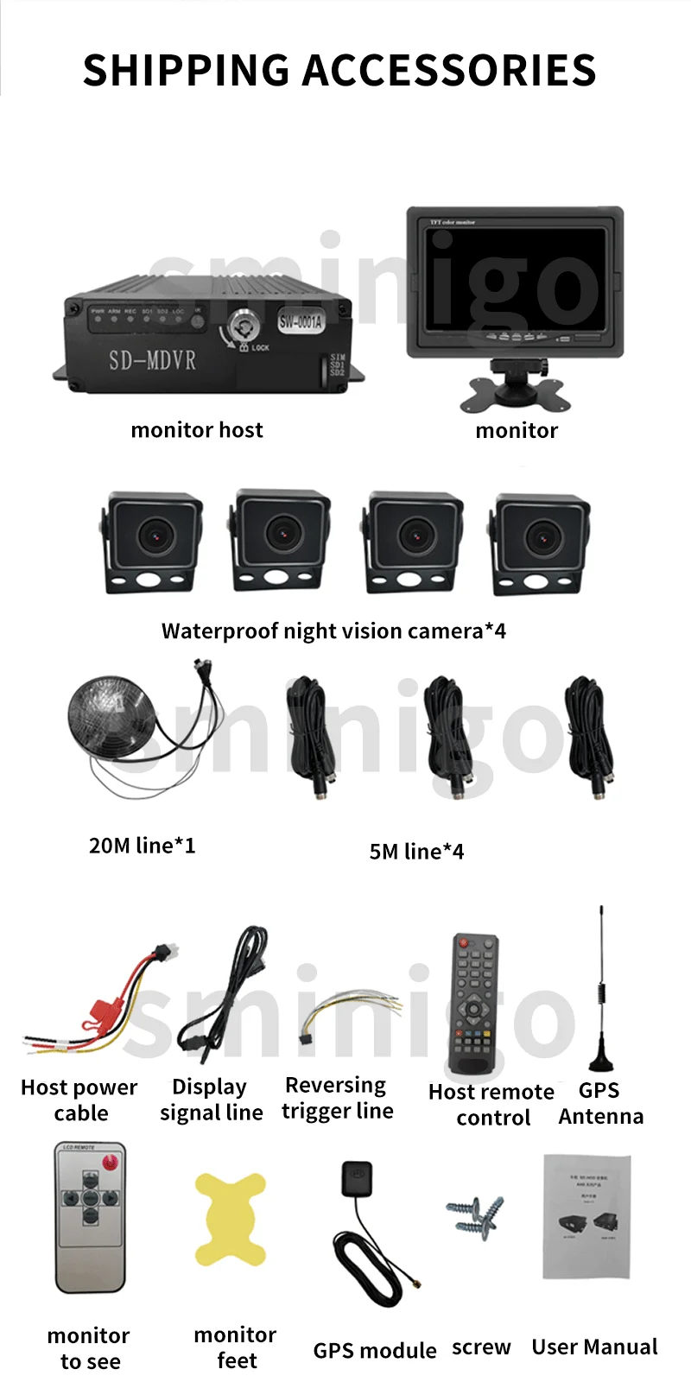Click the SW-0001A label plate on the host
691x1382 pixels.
tap(301, 322)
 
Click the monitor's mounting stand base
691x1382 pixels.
tap(515, 393)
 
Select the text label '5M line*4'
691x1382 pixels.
tap(416, 852)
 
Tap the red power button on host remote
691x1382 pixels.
tap(464, 941)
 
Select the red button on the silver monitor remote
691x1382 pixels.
tap(111, 1163)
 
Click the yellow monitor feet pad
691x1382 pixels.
tap(229, 1218)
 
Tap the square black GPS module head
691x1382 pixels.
tap(357, 1176)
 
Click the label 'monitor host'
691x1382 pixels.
tap(197, 430)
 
